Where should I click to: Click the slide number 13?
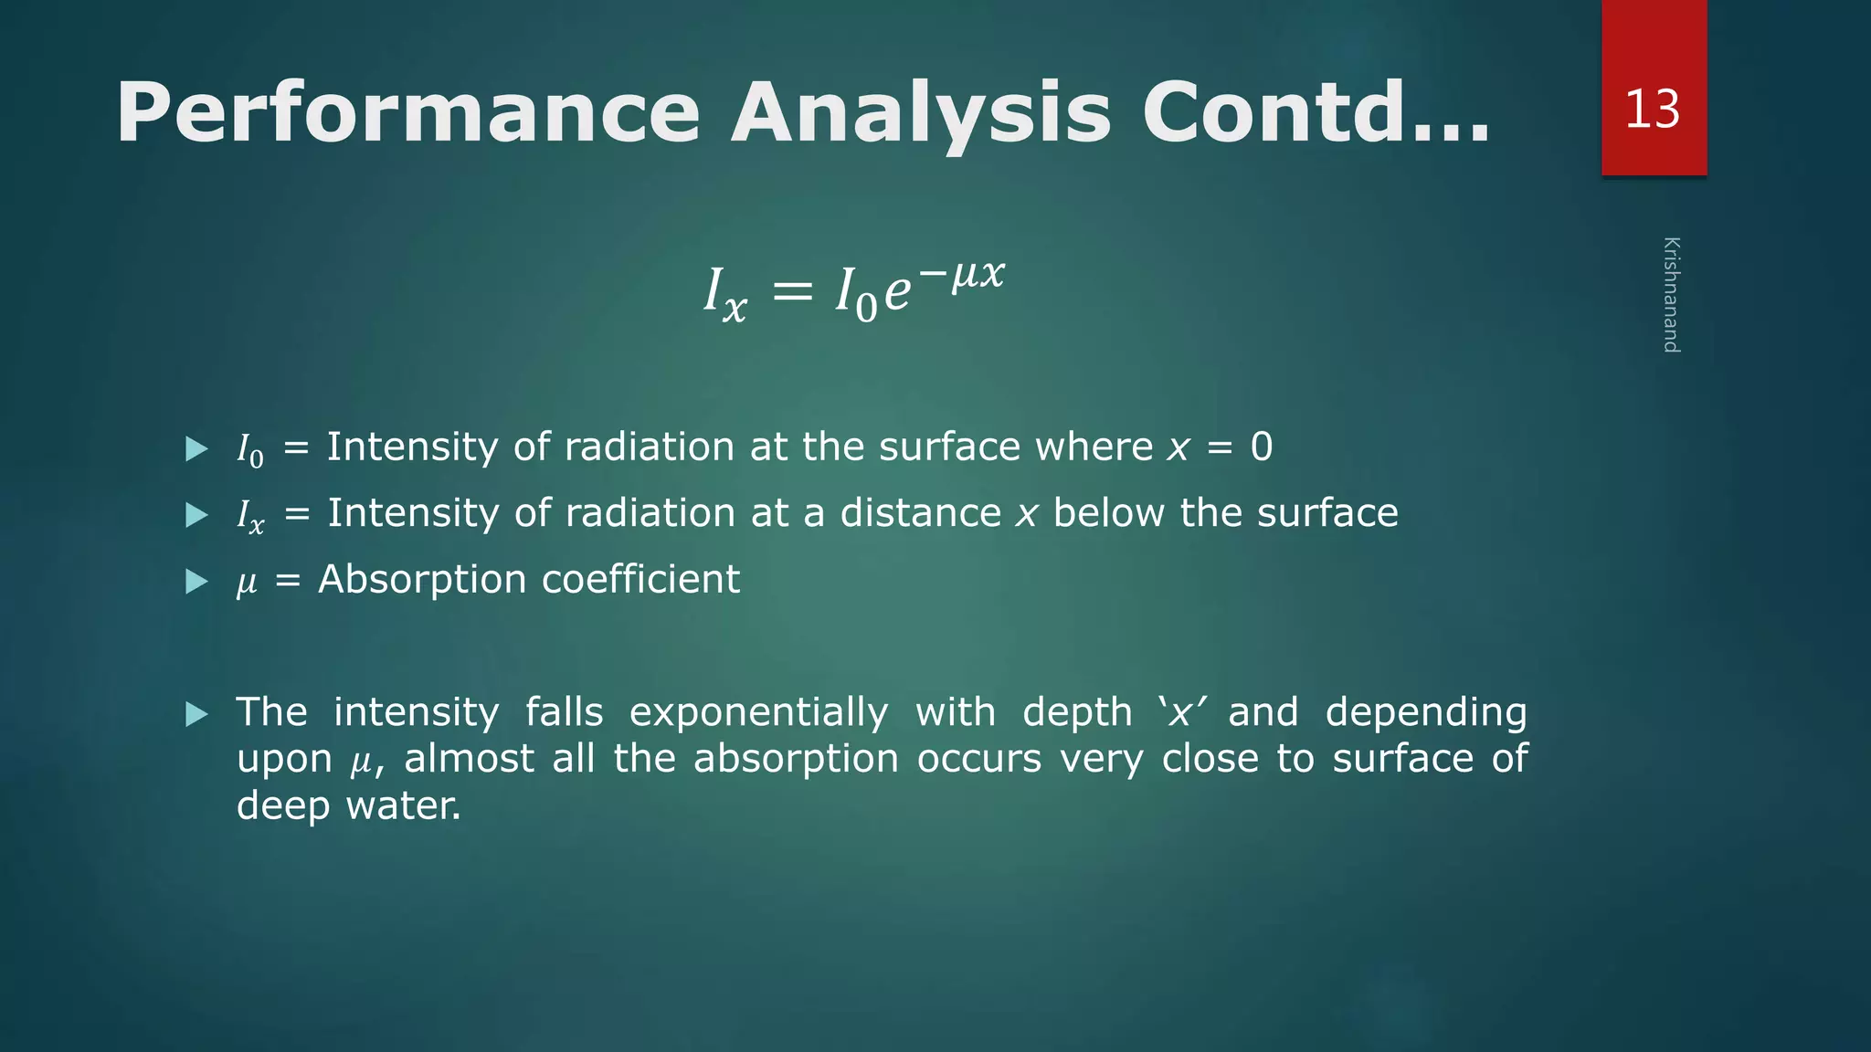point(1652,110)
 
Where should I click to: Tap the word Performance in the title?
point(407,113)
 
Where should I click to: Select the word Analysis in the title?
point(920,113)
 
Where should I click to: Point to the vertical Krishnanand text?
point(1671,294)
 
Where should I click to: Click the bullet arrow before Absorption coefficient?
point(196,582)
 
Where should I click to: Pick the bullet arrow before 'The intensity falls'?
point(196,714)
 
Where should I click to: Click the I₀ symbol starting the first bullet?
point(249,449)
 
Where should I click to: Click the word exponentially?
point(758,712)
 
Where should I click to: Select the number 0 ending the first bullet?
point(1261,447)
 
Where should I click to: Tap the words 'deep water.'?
point(348,805)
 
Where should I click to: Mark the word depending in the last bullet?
point(1425,712)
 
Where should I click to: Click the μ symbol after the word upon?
point(362,762)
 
